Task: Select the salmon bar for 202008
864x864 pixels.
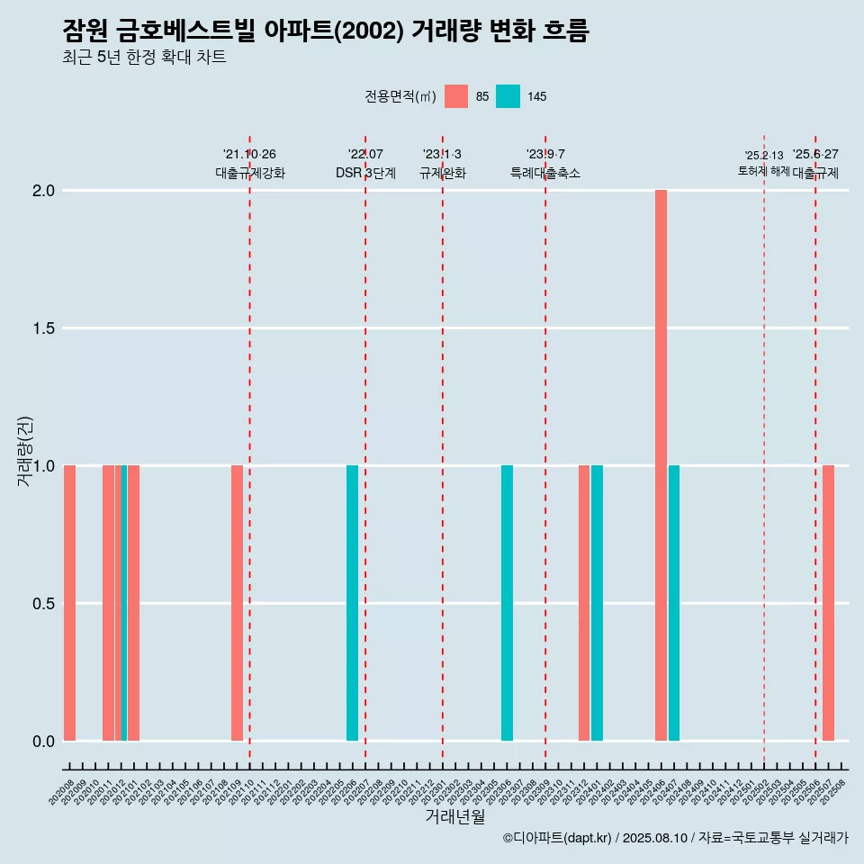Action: (x=69, y=603)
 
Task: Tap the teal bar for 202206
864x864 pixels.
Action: (x=352, y=603)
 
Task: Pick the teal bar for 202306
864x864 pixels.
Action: (x=507, y=603)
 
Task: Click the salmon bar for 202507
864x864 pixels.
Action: (x=828, y=603)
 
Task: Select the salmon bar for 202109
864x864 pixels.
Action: (x=237, y=603)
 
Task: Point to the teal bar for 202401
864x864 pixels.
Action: (x=597, y=603)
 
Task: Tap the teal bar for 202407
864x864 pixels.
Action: (x=674, y=603)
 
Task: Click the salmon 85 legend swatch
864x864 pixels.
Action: (x=456, y=96)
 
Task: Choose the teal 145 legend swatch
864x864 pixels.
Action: (x=508, y=96)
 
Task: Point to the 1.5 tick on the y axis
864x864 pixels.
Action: (x=43, y=328)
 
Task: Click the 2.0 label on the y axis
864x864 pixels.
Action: (x=43, y=191)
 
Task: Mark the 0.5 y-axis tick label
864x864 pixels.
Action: (x=43, y=604)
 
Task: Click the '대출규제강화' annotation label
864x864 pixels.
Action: (x=250, y=173)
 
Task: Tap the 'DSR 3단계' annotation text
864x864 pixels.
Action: (x=365, y=173)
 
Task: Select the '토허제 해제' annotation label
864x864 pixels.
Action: (x=763, y=171)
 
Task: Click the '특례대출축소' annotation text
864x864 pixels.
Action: (x=545, y=173)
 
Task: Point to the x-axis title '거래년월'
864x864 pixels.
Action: (x=454, y=817)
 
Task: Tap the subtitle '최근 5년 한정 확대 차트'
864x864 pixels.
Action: (x=144, y=58)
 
